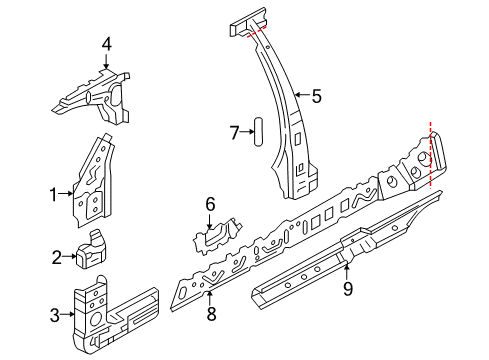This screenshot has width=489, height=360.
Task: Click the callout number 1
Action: (54, 194)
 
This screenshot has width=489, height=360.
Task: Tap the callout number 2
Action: (57, 257)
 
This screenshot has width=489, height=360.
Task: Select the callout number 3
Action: (55, 315)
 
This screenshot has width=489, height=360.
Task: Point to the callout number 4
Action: (107, 44)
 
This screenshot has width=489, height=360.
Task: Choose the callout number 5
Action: (316, 96)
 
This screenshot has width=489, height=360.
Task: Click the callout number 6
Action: (210, 204)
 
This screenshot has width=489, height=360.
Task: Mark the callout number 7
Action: (235, 133)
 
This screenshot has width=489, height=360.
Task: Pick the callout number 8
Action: (211, 313)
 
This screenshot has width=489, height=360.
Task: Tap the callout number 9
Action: (348, 289)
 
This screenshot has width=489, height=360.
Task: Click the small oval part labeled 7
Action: (259, 131)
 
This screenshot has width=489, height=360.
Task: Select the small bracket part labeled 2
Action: (92, 249)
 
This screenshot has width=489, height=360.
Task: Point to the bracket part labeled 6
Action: (217, 236)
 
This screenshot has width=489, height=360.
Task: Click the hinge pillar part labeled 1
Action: (94, 181)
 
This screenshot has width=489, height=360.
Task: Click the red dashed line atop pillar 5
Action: (256, 32)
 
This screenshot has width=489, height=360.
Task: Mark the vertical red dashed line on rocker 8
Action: (430, 155)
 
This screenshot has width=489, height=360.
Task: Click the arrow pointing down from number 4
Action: (106, 61)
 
